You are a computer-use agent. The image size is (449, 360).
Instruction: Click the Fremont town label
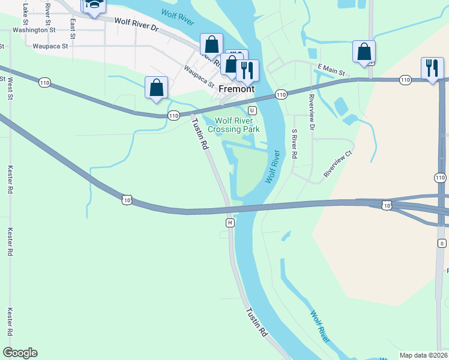[x=237, y=89]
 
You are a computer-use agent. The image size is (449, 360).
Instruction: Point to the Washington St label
[x=34, y=29]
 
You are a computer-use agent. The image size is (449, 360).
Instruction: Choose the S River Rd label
[x=294, y=144]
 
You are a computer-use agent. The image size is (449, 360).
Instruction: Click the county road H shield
[x=230, y=223]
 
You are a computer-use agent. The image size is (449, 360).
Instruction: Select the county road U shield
[x=253, y=110]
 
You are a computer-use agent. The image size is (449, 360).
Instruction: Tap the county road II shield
[x=442, y=243]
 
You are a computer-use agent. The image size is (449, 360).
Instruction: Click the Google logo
[x=20, y=353]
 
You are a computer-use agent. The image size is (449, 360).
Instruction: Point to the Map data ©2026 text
[x=423, y=355]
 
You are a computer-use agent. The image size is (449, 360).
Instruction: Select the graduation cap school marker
[x=94, y=5]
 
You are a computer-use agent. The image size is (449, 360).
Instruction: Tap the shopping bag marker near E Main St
[x=364, y=52]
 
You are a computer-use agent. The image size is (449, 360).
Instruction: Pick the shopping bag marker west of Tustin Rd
[x=156, y=88]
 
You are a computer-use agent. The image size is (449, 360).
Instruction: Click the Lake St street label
[x=25, y=9]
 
